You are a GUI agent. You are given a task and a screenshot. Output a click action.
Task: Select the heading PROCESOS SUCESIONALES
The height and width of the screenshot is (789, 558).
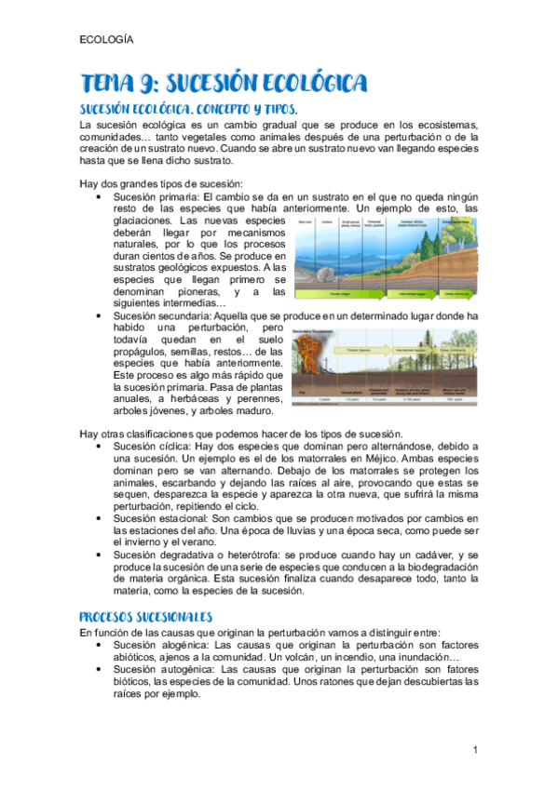tap(146, 617)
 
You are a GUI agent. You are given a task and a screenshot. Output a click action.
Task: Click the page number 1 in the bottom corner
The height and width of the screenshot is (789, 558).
tap(474, 750)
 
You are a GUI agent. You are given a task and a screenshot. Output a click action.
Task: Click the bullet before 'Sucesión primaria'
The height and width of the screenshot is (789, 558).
tap(100, 198)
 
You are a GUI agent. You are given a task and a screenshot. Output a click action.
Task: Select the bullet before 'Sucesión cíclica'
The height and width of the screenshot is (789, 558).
tap(100, 447)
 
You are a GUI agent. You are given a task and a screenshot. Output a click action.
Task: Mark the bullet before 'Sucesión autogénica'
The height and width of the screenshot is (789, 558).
tap(100, 669)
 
